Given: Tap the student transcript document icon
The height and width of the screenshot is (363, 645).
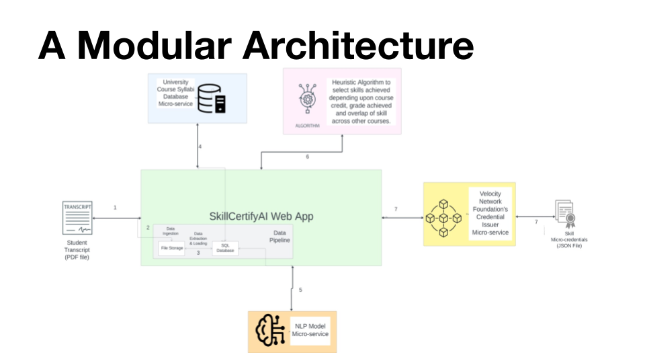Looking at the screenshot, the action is tap(77, 218).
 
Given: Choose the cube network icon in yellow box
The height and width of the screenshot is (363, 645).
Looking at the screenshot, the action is tap(443, 218).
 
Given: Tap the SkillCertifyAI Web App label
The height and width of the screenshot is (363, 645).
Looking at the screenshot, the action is tap(261, 216).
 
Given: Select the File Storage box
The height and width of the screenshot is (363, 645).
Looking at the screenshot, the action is tap(171, 248).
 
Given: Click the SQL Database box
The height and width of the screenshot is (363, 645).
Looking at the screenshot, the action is tap(225, 248).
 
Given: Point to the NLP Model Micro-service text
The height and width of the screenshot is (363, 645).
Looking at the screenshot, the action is tap(310, 330).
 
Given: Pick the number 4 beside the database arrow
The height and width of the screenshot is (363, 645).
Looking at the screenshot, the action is tap(200, 147).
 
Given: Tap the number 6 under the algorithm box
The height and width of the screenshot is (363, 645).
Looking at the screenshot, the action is tap(307, 157).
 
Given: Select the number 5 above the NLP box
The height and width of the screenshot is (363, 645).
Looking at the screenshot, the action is tap(300, 290).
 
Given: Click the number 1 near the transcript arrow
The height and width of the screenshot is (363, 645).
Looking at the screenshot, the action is tap(115, 208).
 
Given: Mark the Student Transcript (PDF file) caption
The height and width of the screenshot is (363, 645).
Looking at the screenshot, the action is tap(77, 250).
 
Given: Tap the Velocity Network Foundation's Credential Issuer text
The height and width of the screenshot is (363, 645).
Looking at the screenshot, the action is tap(490, 213).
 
